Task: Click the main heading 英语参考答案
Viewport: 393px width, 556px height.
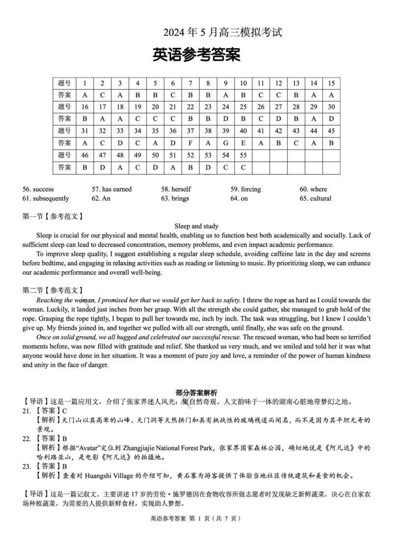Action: (196, 55)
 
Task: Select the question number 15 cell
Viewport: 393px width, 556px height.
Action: (331, 83)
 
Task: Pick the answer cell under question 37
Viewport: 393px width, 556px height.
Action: (190, 143)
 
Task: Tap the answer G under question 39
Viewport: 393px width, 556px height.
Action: (225, 143)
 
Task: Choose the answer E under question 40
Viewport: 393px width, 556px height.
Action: (243, 143)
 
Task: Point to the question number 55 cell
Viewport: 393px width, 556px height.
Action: (243, 155)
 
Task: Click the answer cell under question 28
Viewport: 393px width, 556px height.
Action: (296, 119)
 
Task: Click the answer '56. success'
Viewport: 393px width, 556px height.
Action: (38, 189)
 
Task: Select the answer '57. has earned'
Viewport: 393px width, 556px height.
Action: (112, 189)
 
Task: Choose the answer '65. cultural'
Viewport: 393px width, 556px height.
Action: (315, 198)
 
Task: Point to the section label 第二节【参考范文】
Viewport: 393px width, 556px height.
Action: (53, 290)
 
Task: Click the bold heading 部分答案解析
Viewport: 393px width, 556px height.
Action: (196, 392)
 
